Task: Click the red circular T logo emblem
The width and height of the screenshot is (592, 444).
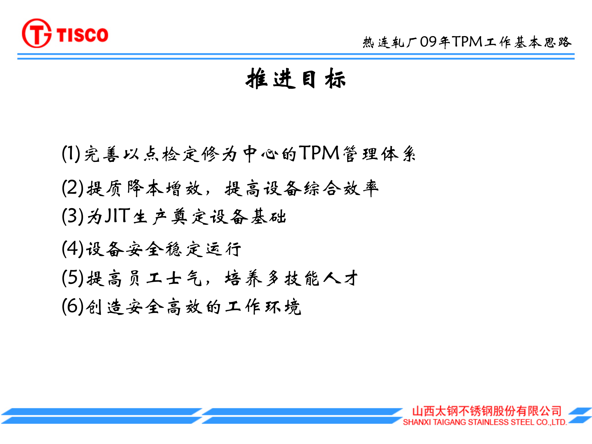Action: pos(37,33)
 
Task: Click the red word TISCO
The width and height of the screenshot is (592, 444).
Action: pos(82,35)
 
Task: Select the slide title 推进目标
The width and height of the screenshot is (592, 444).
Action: pos(296,79)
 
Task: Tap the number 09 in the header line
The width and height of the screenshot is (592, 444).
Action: pos(428,42)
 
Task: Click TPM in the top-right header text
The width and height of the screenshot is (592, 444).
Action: pos(467,42)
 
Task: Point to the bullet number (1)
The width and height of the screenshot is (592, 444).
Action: pos(71,154)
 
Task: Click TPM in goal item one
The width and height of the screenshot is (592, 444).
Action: pos(319,153)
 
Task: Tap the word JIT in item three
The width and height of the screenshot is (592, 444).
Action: pos(117,216)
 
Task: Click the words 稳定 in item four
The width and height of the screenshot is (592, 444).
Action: pos(184,249)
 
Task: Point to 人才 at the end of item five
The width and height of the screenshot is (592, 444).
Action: pos(341,278)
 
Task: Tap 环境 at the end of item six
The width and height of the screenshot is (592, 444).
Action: pos(283,307)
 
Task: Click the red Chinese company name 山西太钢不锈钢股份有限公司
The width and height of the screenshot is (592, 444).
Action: pos(487,411)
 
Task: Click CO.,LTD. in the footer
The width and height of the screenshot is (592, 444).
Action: pos(552,422)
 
